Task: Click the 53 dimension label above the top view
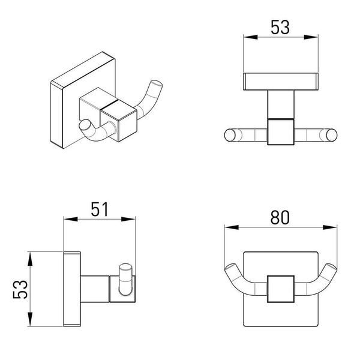280,28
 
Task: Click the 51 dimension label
100,209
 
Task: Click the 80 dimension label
280,217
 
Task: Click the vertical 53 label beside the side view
20,289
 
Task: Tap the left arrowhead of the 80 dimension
232,227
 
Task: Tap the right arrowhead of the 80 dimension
329,227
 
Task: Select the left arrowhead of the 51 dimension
70,219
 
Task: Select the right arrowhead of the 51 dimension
128,219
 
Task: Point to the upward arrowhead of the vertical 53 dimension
30,259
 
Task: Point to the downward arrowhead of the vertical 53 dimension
30,319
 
